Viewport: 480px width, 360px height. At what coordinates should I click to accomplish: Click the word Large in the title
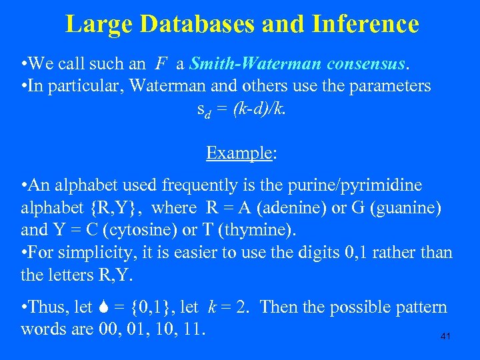pos(95,25)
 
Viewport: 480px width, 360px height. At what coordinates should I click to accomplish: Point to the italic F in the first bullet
pos(161,65)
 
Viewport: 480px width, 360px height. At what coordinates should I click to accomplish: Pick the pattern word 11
pos(193,329)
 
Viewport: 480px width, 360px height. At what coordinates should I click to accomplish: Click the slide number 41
pos(445,337)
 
